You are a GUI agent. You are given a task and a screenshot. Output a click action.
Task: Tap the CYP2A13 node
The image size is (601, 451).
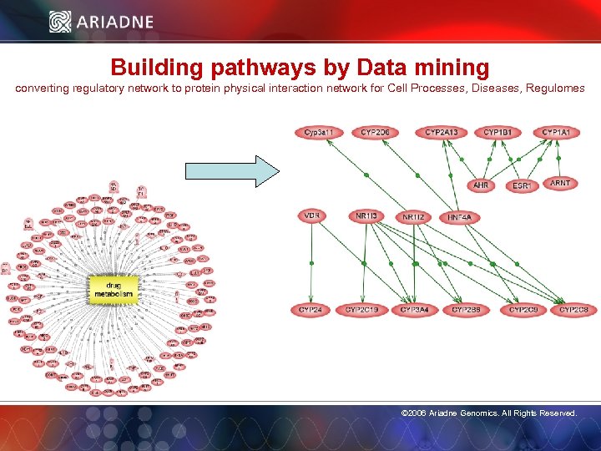point(441,133)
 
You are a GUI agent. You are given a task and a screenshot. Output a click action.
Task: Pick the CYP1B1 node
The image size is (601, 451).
point(498,133)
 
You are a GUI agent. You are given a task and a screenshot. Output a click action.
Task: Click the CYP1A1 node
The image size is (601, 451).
point(556,133)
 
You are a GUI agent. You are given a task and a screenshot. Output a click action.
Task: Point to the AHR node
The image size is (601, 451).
point(482,185)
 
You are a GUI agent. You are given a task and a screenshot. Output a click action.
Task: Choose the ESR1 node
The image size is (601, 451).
point(522,185)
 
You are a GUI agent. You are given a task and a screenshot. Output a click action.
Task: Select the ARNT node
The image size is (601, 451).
point(560,183)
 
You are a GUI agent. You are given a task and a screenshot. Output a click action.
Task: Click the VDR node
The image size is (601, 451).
point(312,216)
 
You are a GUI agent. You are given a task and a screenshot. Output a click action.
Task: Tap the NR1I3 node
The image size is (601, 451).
point(366,217)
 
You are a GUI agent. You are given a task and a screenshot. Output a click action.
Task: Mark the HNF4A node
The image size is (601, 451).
point(459,218)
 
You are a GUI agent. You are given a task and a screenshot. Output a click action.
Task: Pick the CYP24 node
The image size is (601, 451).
point(311,310)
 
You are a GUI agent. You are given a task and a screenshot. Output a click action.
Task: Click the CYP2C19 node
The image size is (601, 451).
point(362,310)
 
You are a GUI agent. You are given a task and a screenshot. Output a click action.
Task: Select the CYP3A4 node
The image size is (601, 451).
point(414,310)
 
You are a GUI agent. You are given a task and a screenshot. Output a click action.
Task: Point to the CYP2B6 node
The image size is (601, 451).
point(465,310)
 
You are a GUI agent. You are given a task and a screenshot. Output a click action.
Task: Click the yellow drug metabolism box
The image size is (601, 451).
point(113,288)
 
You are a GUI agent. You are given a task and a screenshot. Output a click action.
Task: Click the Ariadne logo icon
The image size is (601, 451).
point(60,22)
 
